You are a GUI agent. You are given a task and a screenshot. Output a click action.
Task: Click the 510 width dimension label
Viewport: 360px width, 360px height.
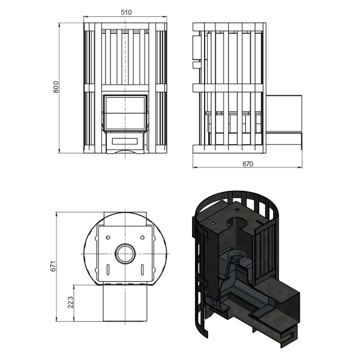126,12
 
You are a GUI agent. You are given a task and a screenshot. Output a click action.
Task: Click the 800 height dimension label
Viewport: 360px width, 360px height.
56,87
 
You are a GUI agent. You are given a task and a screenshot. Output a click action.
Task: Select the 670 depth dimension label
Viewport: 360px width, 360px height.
248,164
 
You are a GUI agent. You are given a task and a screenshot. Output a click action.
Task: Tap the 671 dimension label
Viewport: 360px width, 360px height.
53,266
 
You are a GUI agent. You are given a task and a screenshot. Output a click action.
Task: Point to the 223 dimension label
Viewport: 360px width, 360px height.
70,302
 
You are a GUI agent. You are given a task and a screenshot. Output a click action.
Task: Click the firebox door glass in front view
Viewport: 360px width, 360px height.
125,113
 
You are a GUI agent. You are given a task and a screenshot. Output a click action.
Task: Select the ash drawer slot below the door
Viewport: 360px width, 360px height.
125,141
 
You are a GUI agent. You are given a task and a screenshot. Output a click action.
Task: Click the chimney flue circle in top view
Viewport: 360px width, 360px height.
125,254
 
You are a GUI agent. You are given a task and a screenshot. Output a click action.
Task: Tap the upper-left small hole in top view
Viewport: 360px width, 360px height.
108,238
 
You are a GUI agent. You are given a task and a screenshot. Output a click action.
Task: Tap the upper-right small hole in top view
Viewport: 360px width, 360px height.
142,238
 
